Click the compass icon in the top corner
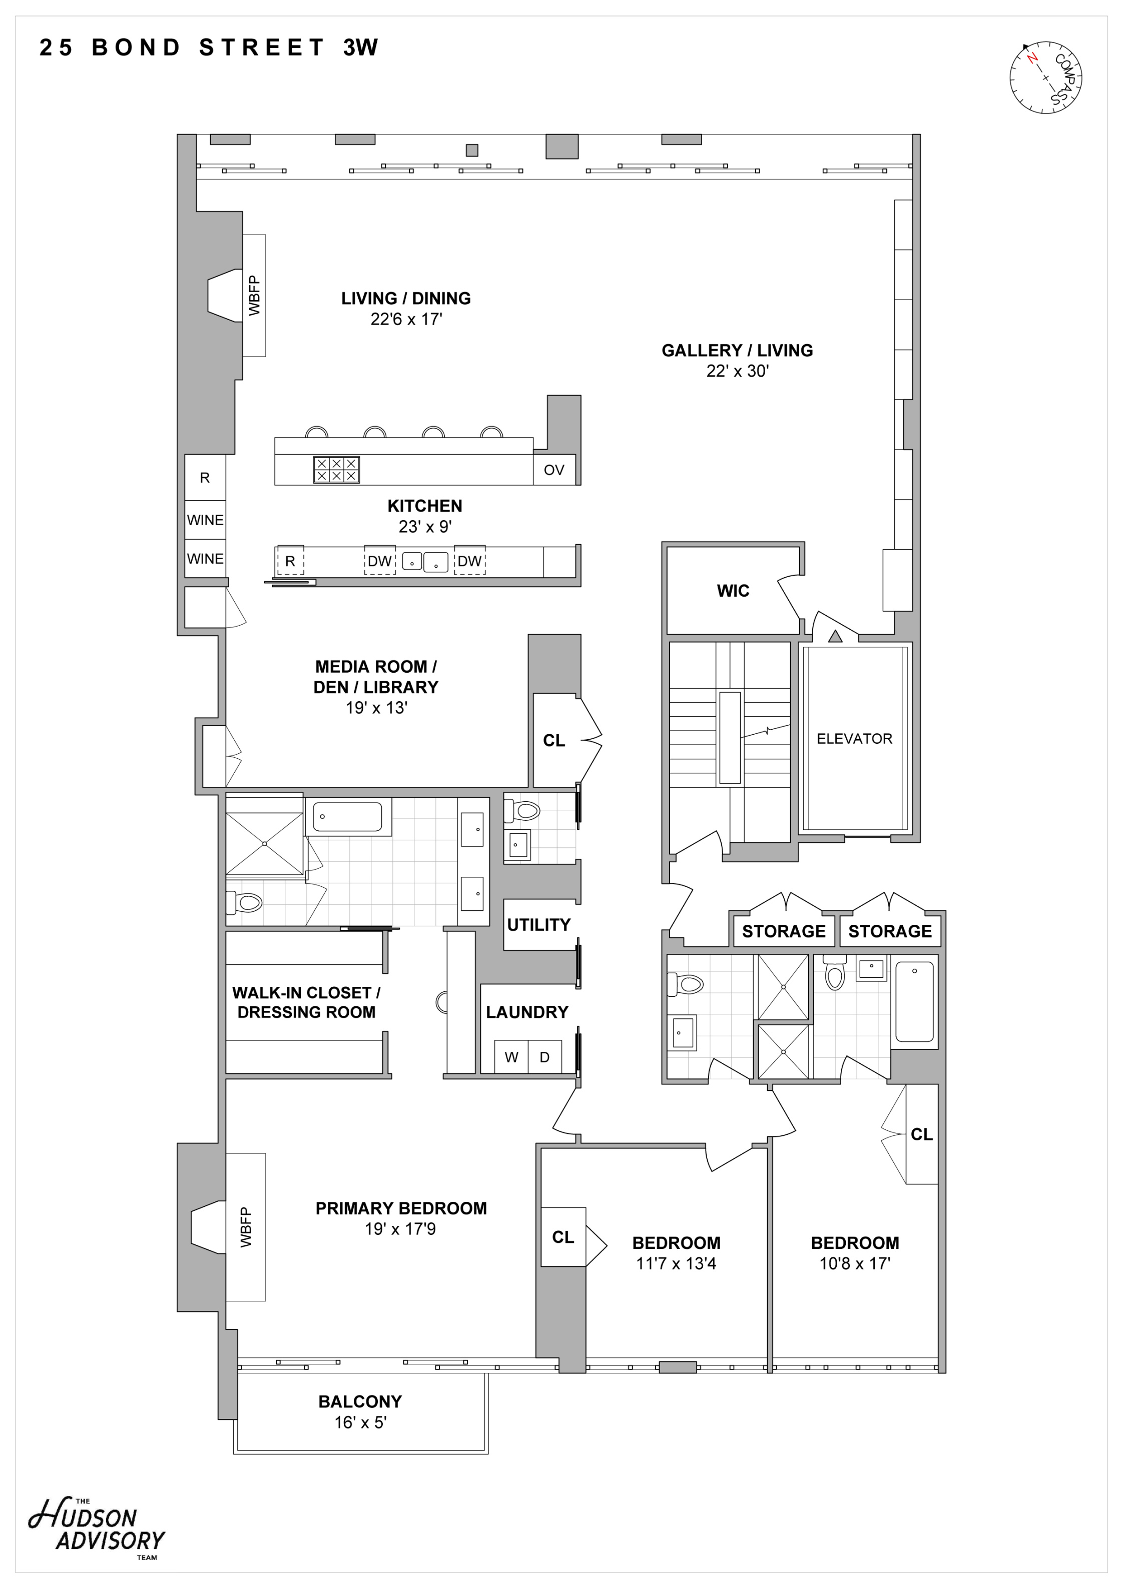pos(1045,78)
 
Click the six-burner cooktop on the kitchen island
pos(336,470)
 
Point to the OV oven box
pos(553,470)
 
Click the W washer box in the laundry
pos(511,1057)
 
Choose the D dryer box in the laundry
pos(544,1057)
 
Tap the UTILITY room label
pos(538,925)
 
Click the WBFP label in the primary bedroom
pos(246,1228)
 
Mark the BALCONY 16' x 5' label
pos(360,1411)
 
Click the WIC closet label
pos(733,591)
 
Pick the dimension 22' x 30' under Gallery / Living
pos(737,372)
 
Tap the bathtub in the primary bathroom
pos(347,817)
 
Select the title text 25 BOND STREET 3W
pos(209,48)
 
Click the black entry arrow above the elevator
pos(835,636)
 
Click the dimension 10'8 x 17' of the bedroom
pos(855,1263)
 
